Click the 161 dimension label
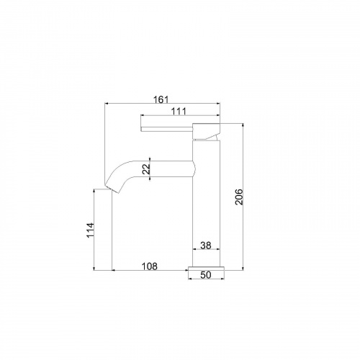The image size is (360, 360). (161, 99)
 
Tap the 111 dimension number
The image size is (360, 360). (179, 112)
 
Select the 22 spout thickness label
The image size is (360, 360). (146, 169)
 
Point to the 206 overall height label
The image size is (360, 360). (239, 197)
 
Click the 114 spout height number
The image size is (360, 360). (91, 230)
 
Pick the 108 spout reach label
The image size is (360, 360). (150, 266)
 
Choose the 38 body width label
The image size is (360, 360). (206, 246)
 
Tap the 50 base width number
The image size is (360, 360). (206, 275)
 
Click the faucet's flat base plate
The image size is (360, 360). (207, 269)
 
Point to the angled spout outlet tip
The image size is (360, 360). (112, 189)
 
